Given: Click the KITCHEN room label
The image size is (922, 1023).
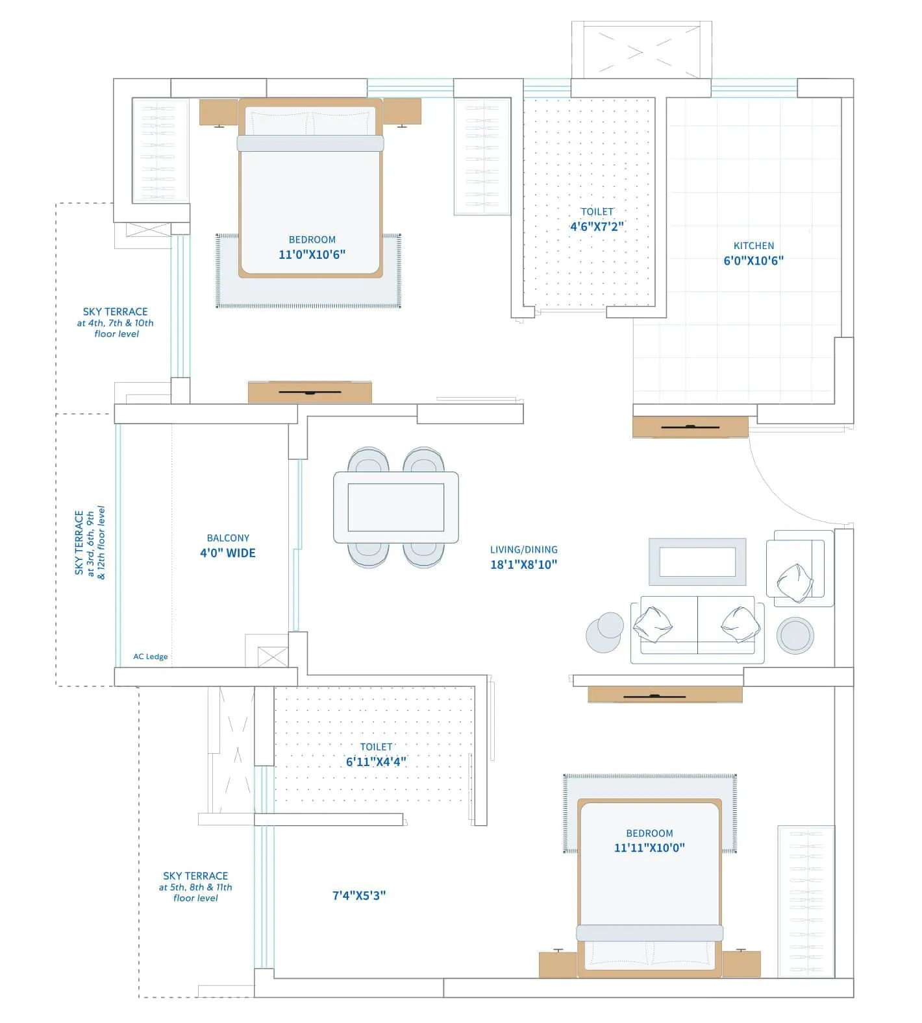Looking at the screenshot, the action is (753, 246).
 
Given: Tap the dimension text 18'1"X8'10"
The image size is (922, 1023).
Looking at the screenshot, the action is (523, 564).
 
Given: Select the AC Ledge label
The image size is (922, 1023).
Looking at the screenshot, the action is (151, 656).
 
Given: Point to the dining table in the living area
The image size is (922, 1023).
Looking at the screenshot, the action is (396, 507).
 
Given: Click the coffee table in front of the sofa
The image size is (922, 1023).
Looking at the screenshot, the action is (697, 562).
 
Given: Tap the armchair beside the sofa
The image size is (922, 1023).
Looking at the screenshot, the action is (800, 569).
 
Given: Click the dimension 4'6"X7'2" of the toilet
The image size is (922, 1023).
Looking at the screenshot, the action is (597, 226).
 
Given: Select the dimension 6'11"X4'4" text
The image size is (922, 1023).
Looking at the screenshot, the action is (376, 762).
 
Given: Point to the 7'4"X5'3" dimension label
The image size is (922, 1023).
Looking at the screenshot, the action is (359, 895).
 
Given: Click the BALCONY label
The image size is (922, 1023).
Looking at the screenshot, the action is (228, 538).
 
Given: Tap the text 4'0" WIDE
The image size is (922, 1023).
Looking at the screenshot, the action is (227, 553).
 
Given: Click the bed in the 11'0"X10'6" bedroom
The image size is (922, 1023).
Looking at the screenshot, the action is (310, 188).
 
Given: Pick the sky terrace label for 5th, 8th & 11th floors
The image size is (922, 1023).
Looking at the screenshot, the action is (195, 887).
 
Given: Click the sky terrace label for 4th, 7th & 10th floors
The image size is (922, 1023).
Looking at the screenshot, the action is (116, 322).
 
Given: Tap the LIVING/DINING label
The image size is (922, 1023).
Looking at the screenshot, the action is (523, 549).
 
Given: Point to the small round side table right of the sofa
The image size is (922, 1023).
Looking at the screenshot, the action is (795, 635).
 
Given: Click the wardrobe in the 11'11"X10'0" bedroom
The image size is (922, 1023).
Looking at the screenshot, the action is (806, 902).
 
